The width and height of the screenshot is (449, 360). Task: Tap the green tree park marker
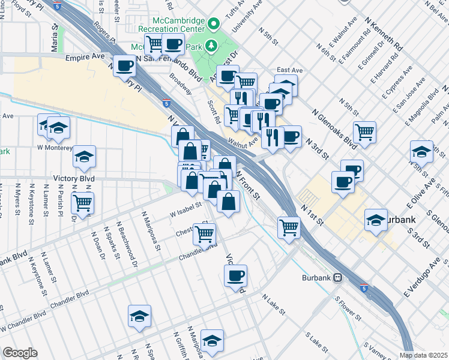click(x=211, y=45)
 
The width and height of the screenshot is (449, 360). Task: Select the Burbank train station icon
click(x=338, y=278)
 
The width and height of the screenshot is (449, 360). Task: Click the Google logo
click(x=20, y=353)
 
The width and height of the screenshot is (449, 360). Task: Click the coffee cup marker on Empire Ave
click(x=125, y=66)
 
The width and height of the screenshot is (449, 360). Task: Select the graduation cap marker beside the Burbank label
click(x=376, y=220)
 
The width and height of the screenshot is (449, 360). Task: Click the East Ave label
click(x=290, y=71)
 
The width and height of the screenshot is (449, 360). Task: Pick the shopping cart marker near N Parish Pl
click(x=82, y=202)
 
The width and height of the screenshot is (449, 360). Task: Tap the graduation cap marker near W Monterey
click(x=59, y=127)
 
